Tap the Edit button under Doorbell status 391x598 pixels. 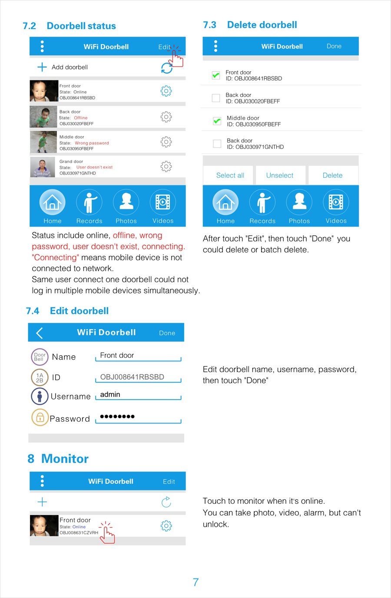click(x=164, y=47)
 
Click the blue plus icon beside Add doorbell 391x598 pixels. click(x=42, y=67)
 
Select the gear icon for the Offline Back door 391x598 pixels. click(x=166, y=116)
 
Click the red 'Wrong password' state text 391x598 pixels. click(x=92, y=143)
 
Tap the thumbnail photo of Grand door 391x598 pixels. click(x=43, y=167)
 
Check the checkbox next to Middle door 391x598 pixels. click(x=217, y=121)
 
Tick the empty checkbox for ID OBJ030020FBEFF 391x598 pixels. click(x=216, y=98)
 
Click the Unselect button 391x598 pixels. click(x=280, y=175)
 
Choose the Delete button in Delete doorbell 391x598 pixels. click(x=332, y=175)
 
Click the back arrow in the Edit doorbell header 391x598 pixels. click(x=40, y=333)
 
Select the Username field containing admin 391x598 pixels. click(x=138, y=395)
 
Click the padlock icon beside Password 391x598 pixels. click(x=40, y=418)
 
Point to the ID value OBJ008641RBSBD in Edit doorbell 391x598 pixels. click(x=132, y=377)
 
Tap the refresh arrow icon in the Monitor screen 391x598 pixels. click(x=166, y=502)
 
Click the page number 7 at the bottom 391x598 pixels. click(x=195, y=582)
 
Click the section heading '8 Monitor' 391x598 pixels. click(x=58, y=459)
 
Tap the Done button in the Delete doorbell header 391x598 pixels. click(x=334, y=46)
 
